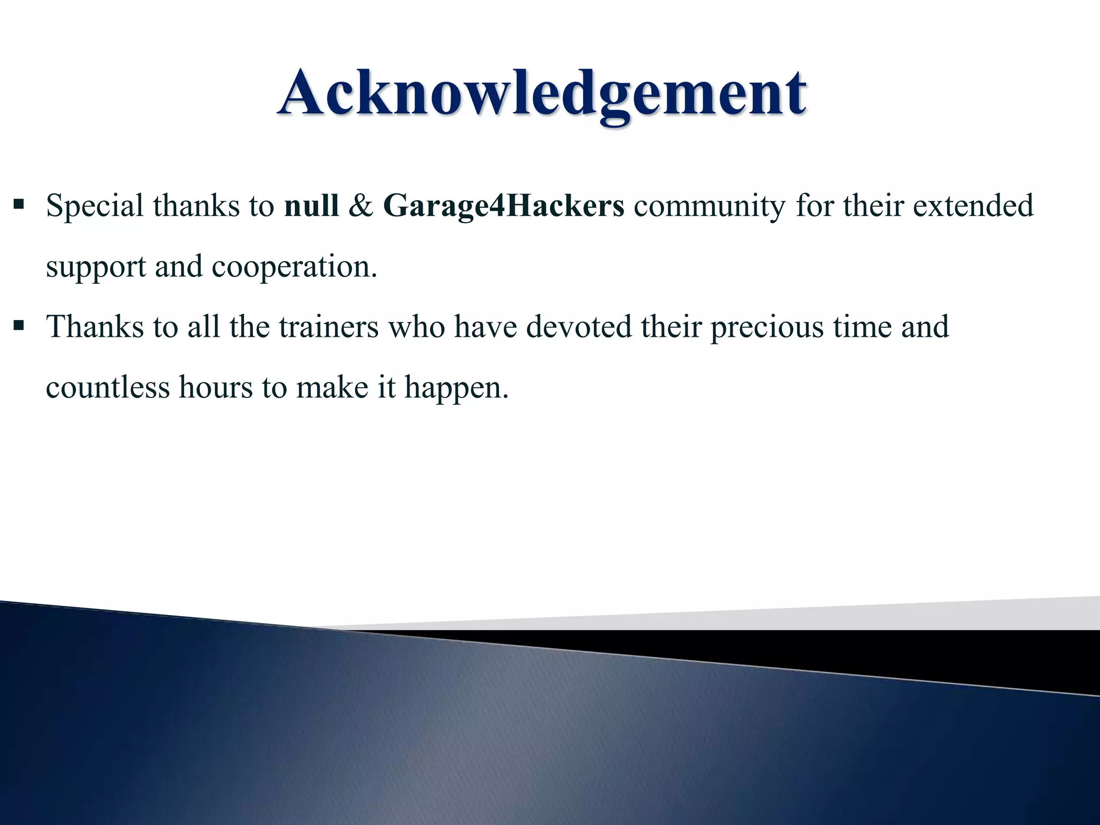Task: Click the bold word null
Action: tap(312, 206)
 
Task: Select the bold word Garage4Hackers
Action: tap(504, 207)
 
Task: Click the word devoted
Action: tap(579, 327)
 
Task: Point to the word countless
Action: tap(107, 387)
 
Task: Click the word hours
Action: tap(215, 387)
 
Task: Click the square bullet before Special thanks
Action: tap(19, 205)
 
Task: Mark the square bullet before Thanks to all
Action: tap(19, 325)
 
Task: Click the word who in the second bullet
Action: tap(416, 327)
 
